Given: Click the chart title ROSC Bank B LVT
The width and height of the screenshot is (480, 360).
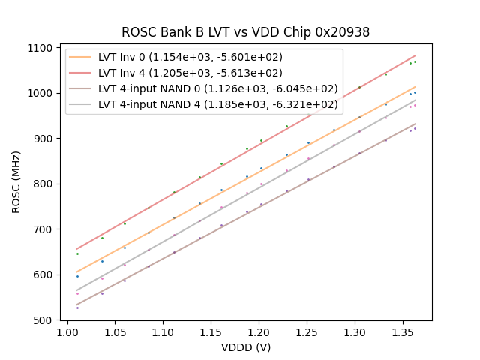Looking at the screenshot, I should coord(245,32).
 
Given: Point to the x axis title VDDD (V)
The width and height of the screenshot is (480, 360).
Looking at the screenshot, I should coord(245,347).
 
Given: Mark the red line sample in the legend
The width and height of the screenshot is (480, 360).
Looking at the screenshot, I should coord(82,73).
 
